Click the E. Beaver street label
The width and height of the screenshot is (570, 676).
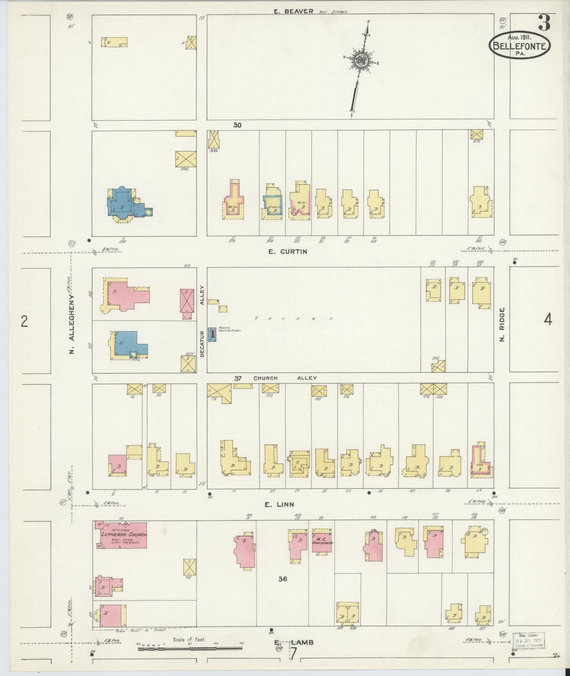pyautogui.click(x=293, y=11)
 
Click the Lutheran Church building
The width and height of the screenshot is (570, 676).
pyautogui.click(x=123, y=535)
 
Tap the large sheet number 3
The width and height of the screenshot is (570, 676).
pyautogui.click(x=544, y=24)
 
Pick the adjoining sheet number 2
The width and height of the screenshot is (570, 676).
pyautogui.click(x=24, y=322)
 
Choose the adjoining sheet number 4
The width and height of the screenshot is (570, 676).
pyautogui.click(x=548, y=320)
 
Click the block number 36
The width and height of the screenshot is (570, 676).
pyautogui.click(x=282, y=579)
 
